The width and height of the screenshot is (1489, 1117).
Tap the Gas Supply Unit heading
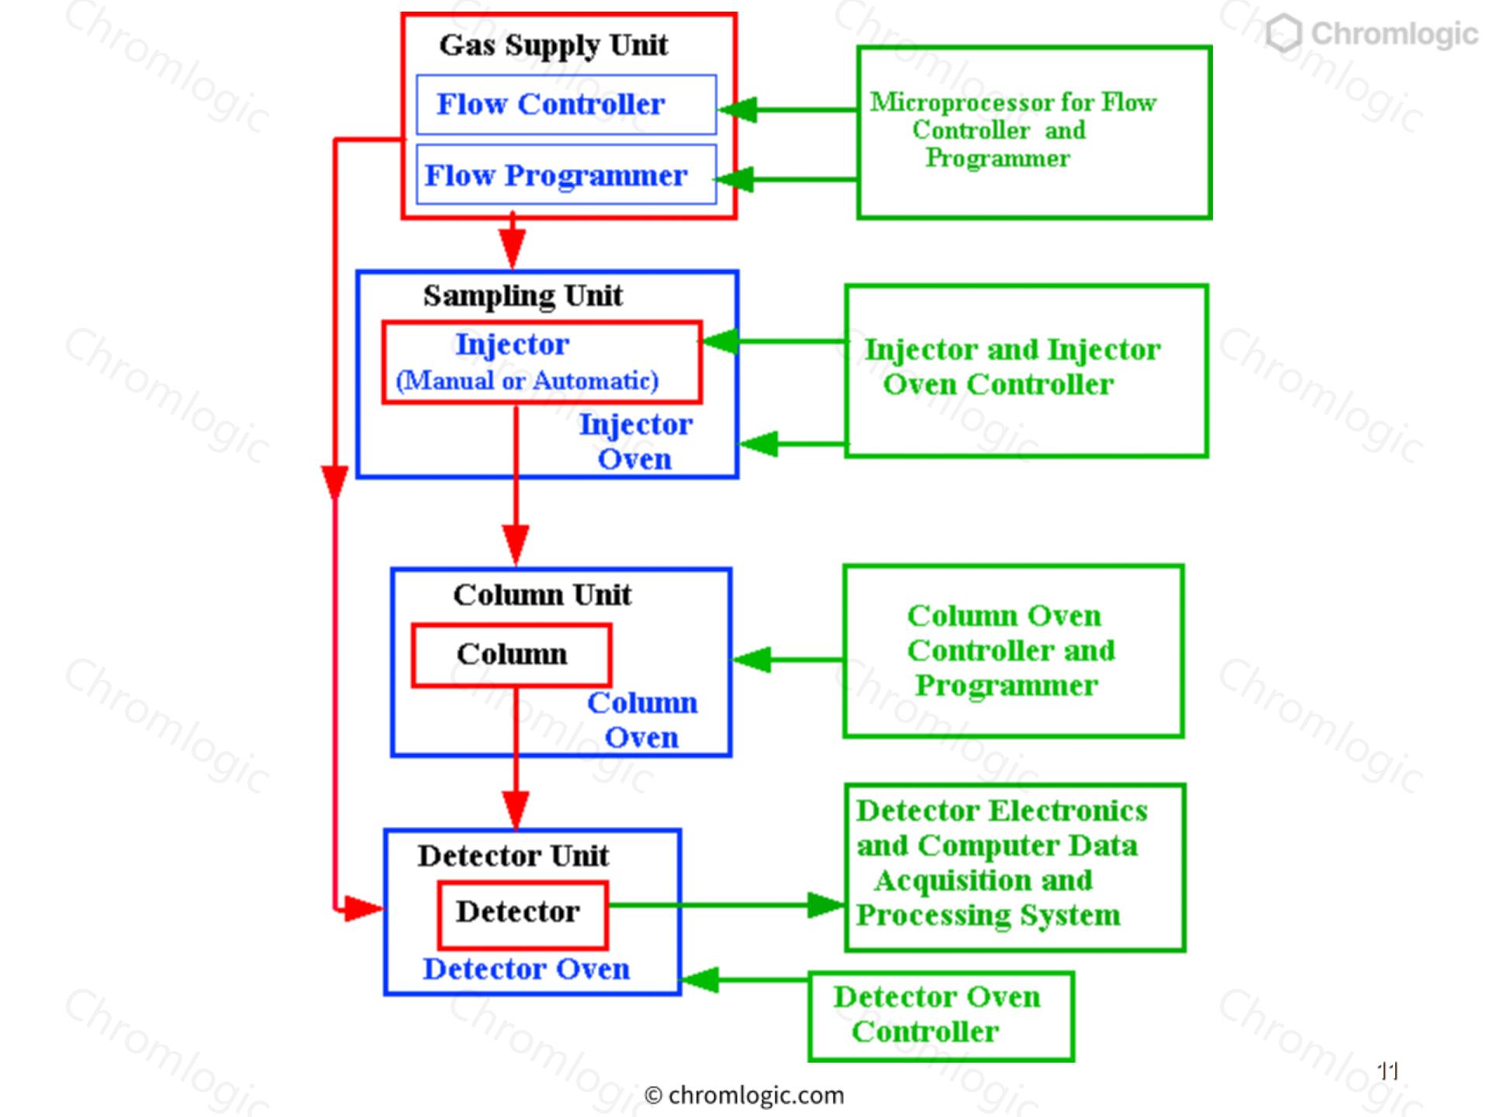pos(553,46)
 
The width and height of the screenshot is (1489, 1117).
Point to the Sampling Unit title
pos(523,296)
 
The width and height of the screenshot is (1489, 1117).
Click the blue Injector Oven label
pos(635,441)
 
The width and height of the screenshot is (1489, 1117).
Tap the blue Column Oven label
pos(642,719)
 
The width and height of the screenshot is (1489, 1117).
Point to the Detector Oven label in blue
pos(526,969)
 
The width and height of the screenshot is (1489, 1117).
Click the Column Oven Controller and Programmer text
pos(1011,650)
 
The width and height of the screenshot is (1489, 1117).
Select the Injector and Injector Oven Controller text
pos(1012,367)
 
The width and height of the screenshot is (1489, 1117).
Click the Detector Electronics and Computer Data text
pos(1000,828)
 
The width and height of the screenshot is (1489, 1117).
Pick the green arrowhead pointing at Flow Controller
pos(738,109)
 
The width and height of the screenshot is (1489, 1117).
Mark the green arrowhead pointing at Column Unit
pos(751,660)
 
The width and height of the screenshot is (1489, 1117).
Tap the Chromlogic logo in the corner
pos(1371,34)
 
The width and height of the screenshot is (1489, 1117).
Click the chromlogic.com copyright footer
pos(744,1095)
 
